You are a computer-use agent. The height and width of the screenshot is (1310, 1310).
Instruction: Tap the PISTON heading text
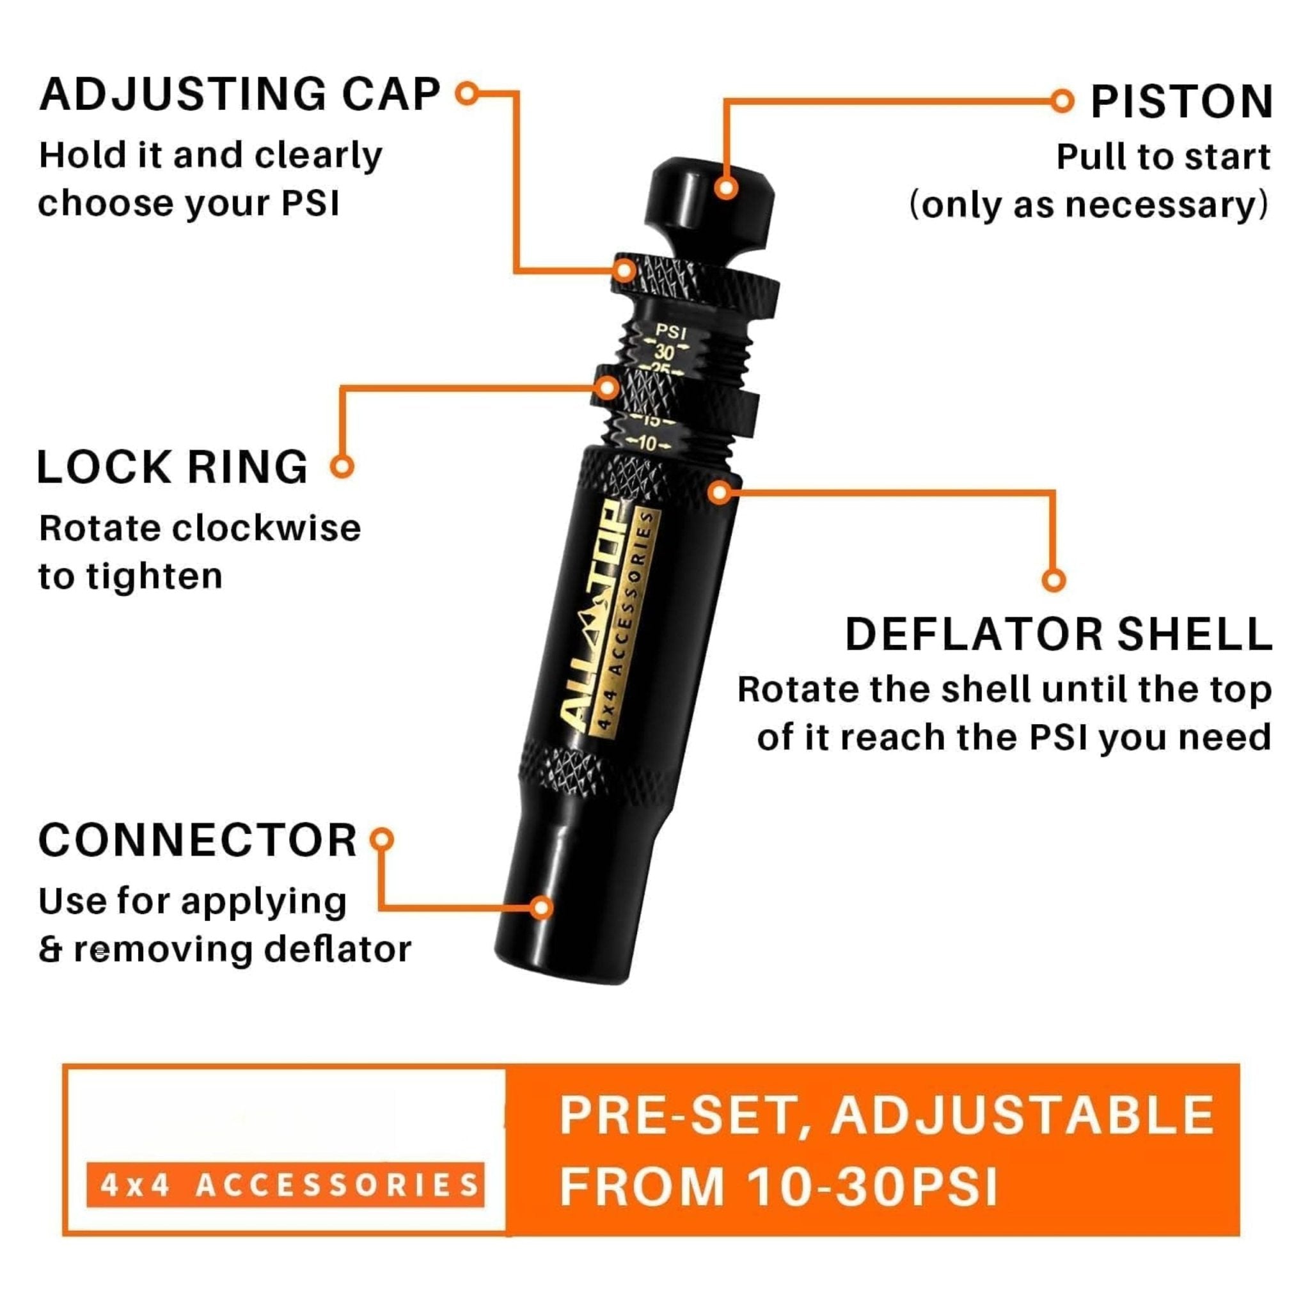point(1182,102)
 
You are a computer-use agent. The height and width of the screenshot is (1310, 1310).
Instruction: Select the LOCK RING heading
point(172,467)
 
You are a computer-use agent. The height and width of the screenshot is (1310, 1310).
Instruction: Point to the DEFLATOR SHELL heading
point(1059,634)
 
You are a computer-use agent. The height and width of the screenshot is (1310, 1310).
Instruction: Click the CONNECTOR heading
point(197,840)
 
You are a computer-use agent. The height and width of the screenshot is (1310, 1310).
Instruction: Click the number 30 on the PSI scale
point(664,352)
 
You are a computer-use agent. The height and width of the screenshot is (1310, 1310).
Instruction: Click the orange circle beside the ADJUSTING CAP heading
point(467,93)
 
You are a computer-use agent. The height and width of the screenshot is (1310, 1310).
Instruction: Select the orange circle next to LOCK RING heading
point(342,466)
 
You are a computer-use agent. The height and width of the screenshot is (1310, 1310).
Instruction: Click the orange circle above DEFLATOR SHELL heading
point(1053,580)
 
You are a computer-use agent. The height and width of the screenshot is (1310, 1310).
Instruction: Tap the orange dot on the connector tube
point(541,907)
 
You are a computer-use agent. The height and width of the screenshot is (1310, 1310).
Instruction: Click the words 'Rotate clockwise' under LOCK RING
point(200,528)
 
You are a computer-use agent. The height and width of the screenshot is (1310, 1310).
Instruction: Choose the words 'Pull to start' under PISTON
point(1164,157)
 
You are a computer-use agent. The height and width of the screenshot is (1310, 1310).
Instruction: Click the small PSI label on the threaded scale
point(671,333)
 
